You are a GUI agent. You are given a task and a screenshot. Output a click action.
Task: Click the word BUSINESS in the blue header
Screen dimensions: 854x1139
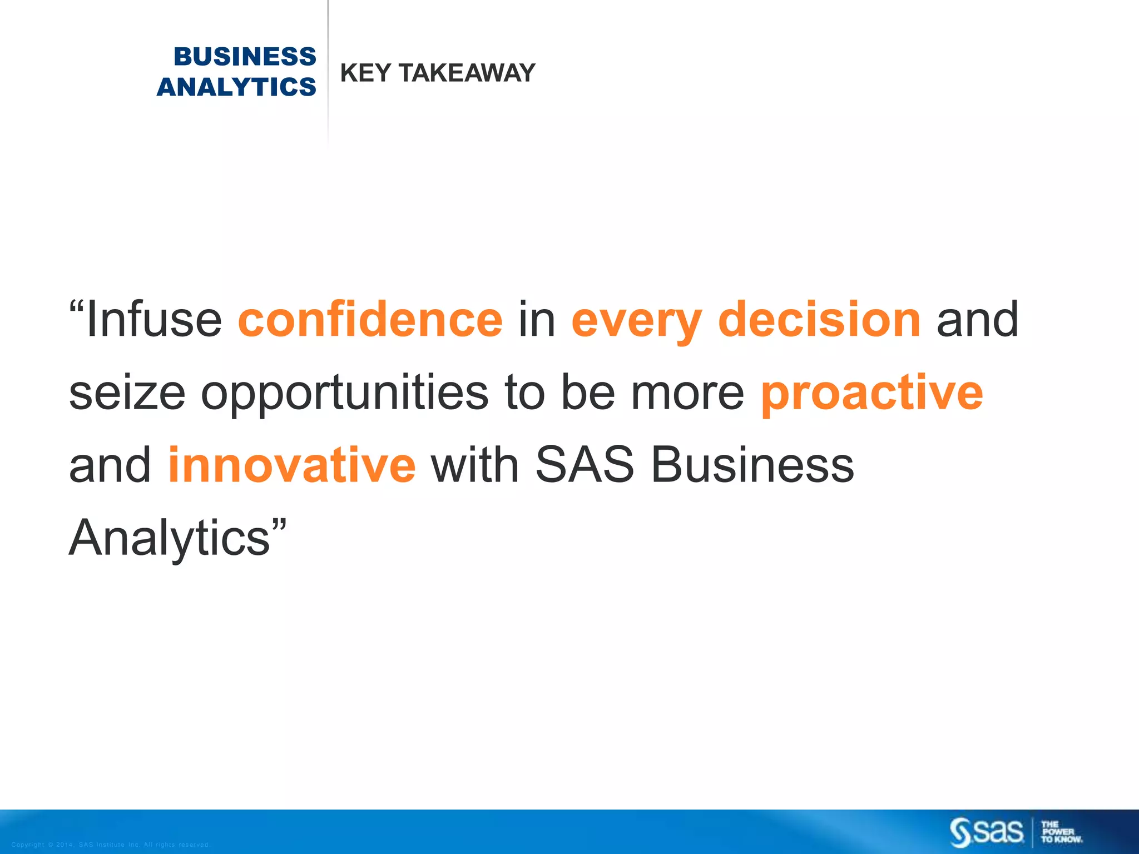coord(245,57)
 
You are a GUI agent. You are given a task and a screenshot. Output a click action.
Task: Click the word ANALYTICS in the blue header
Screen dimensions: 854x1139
coord(236,87)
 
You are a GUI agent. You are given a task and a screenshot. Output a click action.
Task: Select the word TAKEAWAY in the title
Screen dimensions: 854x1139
coord(467,73)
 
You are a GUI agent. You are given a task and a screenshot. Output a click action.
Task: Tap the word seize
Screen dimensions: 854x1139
coord(127,394)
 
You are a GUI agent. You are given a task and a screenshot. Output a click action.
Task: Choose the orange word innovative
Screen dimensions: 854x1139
coord(291,465)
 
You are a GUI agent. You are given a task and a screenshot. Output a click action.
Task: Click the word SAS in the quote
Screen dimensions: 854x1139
coord(584,465)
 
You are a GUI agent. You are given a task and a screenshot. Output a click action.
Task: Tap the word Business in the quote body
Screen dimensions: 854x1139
coord(752,465)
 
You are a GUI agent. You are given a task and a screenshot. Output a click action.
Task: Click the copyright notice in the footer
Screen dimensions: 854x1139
coord(110,845)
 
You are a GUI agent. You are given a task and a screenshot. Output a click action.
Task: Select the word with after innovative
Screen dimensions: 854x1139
coord(475,465)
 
